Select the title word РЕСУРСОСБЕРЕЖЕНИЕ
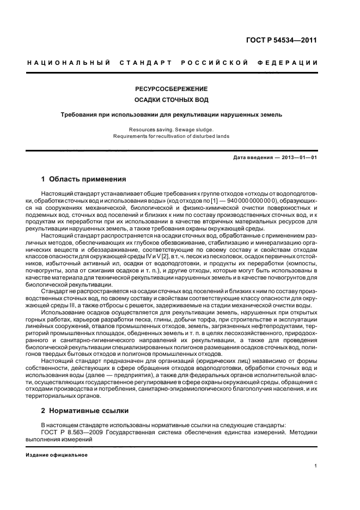(x=171, y=89)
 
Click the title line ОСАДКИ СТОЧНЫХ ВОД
(x=171, y=100)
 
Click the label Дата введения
(x=251, y=157)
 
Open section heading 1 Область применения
(x=84, y=179)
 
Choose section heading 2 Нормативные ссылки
(x=86, y=410)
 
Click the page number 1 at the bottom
(x=315, y=466)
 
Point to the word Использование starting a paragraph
(x=64, y=314)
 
